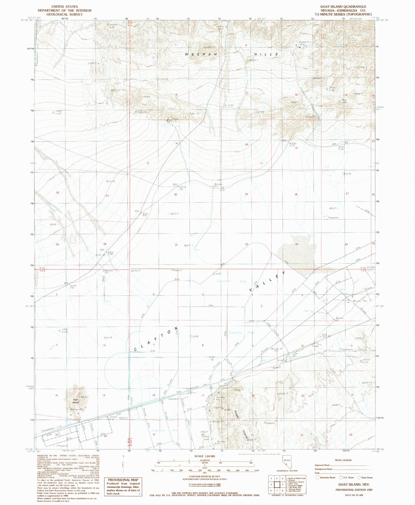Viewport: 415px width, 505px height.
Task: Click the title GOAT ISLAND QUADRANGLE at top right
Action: click(343, 7)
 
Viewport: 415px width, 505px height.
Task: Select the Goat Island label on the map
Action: click(75, 401)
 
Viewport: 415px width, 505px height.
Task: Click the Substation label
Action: click(174, 399)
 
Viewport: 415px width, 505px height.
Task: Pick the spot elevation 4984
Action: click(146, 97)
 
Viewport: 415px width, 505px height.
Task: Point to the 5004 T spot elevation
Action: click(92, 63)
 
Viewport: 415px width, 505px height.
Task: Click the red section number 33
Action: click(297, 244)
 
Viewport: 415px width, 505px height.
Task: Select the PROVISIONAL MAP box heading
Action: click(123, 480)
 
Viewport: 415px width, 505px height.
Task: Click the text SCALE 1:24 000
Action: click(205, 456)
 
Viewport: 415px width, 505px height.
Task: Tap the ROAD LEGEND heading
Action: click(343, 460)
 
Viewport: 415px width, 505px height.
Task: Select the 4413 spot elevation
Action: click(53, 224)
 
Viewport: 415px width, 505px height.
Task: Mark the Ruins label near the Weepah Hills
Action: click(175, 119)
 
